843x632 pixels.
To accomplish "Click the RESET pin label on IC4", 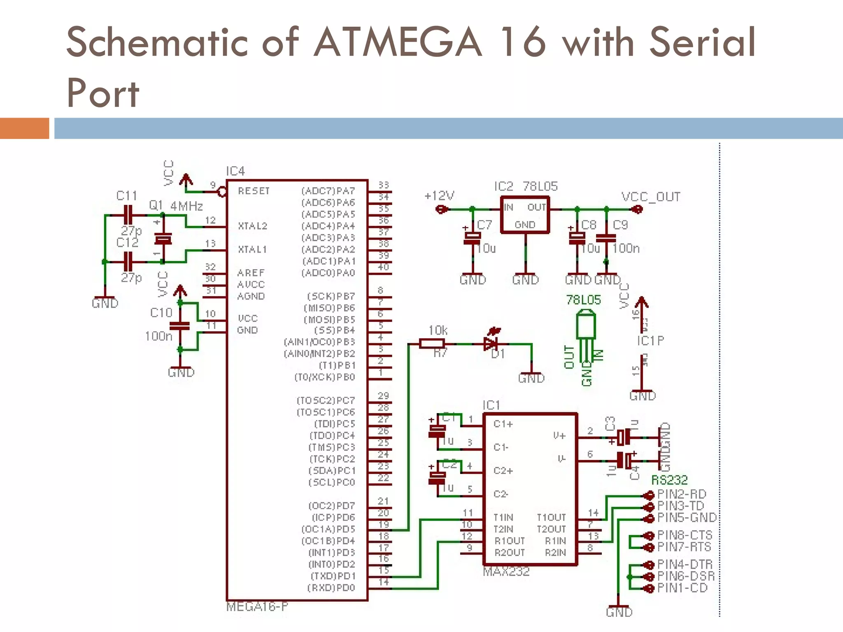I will tap(254, 191).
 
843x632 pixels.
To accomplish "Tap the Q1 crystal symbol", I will tap(163, 239).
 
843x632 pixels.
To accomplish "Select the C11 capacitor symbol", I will tap(128, 215).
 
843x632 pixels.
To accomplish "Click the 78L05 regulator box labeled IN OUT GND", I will tap(525, 215).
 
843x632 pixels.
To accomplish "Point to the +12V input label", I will tap(439, 196).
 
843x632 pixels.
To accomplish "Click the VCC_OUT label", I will tap(651, 197).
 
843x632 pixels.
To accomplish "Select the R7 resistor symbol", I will tap(432, 344).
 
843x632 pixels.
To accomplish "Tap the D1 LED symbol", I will tap(491, 343).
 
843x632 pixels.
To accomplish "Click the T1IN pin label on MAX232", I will tap(503, 518).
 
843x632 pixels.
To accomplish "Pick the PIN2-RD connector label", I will tap(682, 494).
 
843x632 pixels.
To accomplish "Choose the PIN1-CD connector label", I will tap(682, 588).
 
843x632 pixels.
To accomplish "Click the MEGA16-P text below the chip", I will tap(257, 607).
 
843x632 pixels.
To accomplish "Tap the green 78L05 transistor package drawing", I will tap(585, 329).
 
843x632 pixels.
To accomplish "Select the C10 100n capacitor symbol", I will tap(180, 326).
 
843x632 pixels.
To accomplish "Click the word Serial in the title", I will tap(702, 42).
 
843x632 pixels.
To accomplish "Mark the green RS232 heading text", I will tap(669, 480).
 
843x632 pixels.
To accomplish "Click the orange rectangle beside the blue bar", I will tap(24, 128).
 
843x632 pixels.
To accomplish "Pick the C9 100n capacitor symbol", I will tap(606, 238).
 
